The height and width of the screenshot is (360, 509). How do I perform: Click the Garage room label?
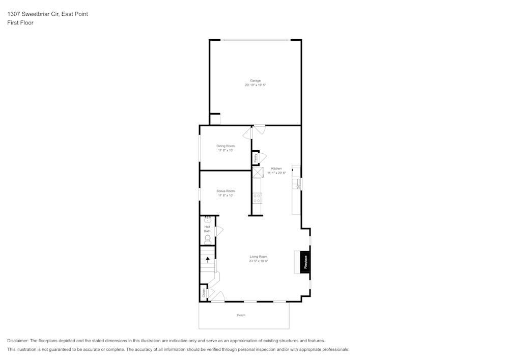point(255,80)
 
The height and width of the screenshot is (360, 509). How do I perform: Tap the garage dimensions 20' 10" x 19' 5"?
point(255,85)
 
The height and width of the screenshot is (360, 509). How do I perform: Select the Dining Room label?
point(225,146)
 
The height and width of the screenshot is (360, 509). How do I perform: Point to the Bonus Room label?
point(225,191)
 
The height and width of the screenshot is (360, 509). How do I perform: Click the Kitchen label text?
point(276,169)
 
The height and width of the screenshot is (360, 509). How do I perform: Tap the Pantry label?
point(255,158)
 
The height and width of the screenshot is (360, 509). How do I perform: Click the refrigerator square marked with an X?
point(258,173)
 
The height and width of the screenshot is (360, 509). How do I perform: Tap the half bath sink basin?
point(208,220)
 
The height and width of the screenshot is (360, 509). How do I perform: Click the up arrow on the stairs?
point(208,260)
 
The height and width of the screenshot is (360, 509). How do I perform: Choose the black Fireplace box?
point(305,262)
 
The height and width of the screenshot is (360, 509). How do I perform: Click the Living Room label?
point(259,257)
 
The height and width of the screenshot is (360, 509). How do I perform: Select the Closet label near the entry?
point(204,293)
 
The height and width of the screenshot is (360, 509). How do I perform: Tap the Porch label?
point(241,315)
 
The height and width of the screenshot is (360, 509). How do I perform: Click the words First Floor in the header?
point(20,23)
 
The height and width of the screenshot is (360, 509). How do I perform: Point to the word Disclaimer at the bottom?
point(18,341)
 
